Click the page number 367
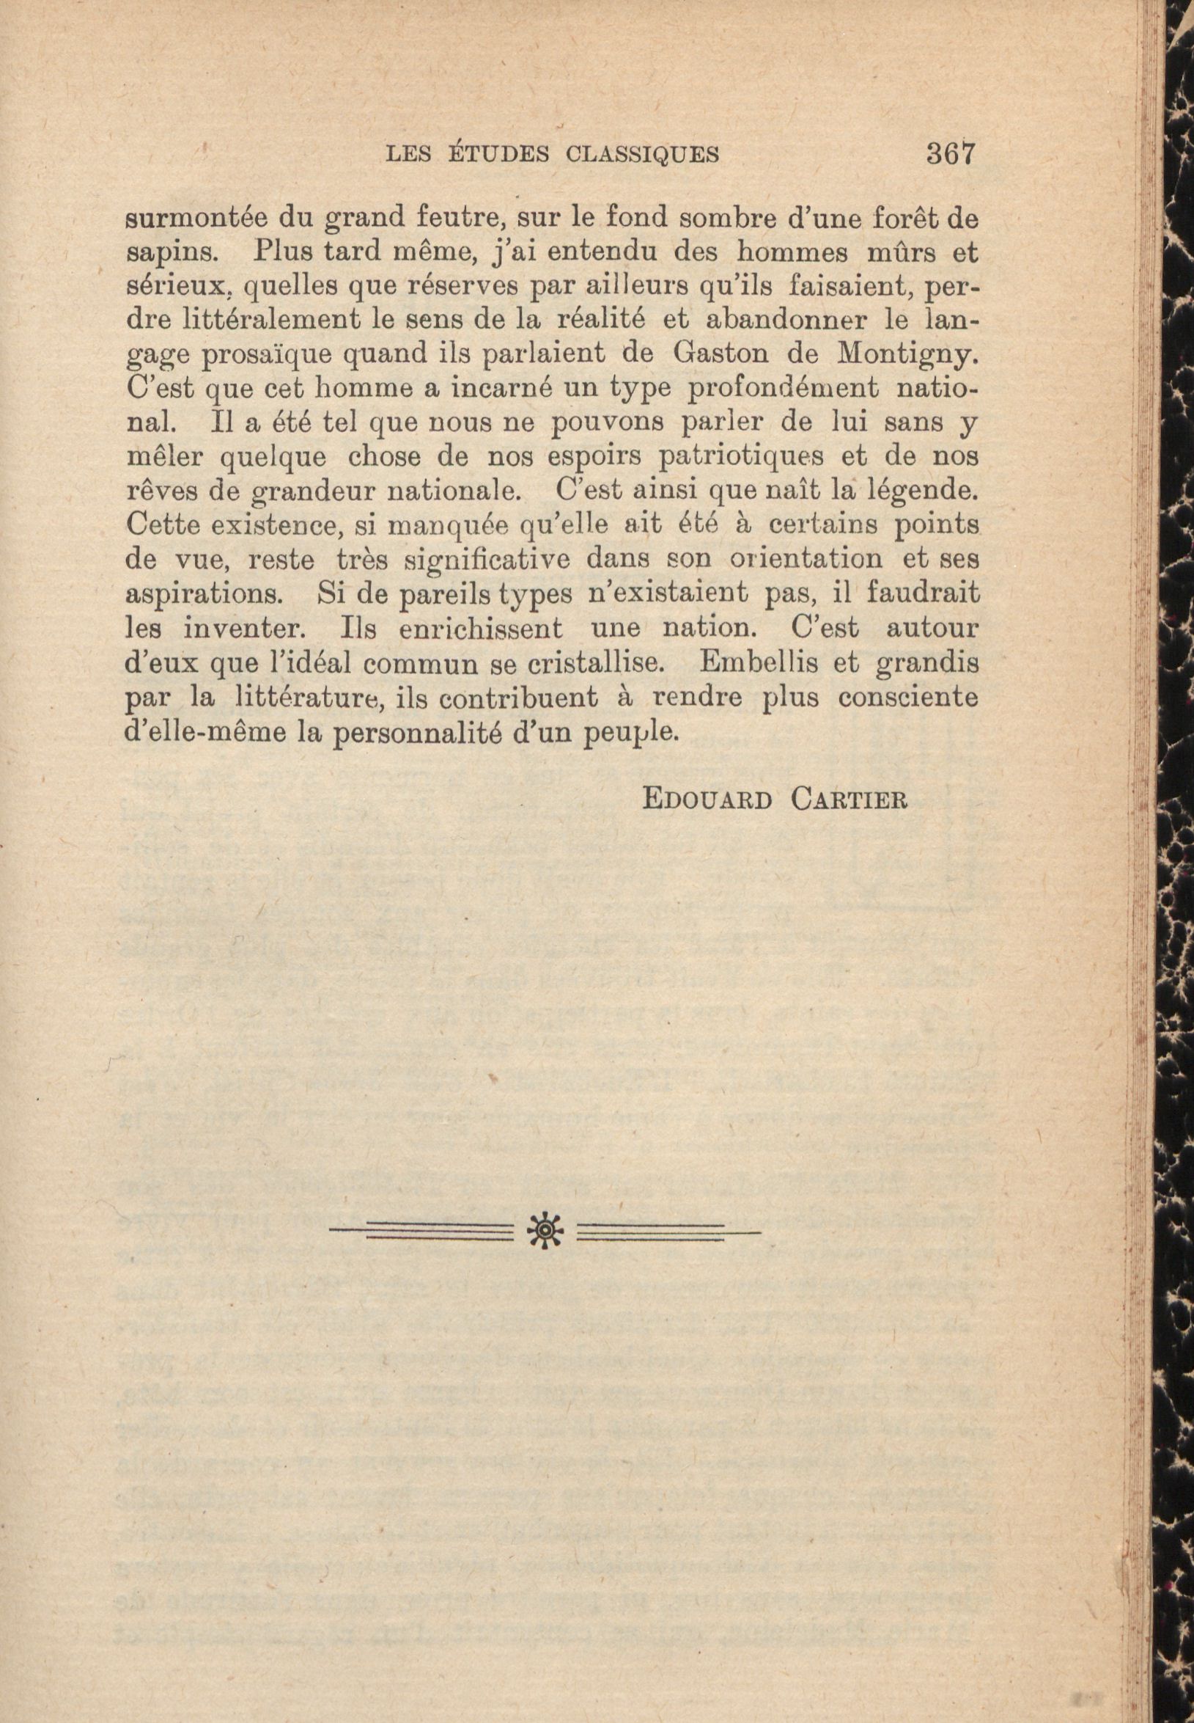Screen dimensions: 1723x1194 point(951,153)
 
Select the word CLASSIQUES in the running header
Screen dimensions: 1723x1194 point(643,155)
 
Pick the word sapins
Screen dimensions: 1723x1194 point(172,255)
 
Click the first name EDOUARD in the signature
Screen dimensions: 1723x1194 point(707,800)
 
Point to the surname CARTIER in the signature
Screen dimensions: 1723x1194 point(849,800)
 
